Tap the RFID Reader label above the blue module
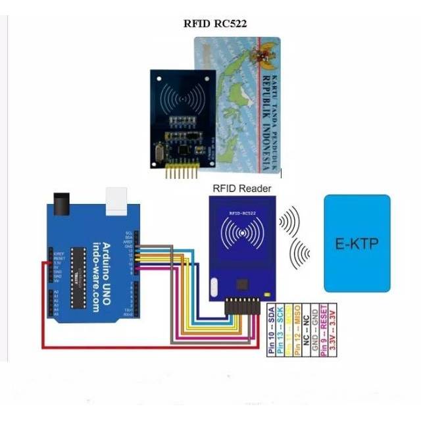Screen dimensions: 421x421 point(242,189)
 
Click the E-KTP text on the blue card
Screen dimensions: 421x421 point(357,245)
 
